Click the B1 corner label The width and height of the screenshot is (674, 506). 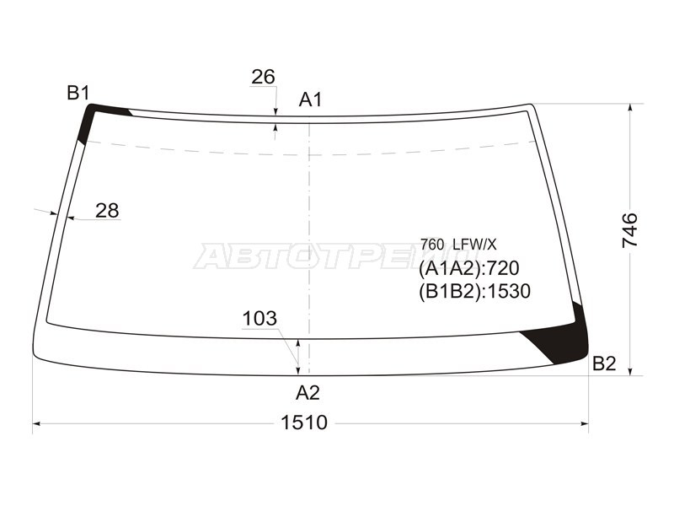pos(78,93)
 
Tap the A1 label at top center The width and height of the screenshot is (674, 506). pos(310,100)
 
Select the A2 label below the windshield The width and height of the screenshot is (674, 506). pos(308,393)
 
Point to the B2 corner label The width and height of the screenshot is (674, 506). pos(604,364)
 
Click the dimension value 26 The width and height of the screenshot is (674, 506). pos(263,78)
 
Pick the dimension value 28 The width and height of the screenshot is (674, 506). pos(107,211)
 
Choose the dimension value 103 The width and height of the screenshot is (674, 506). pos(259,319)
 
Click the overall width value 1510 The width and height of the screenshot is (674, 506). pos(304,423)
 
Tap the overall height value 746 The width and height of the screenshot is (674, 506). pos(630,230)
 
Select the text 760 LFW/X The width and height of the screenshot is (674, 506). pos(458,245)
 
